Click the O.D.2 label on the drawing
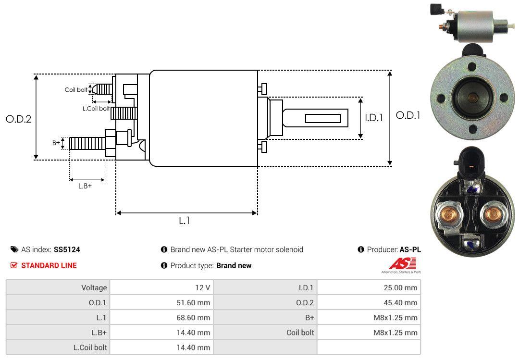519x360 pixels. (19, 119)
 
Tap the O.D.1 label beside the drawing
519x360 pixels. (408, 115)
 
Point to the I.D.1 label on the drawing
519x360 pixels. (374, 118)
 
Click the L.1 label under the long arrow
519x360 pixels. (185, 221)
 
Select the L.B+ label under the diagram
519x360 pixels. (85, 186)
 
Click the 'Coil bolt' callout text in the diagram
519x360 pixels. (76, 90)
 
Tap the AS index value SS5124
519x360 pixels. (67, 250)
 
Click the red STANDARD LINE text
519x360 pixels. (49, 266)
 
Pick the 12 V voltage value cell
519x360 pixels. (203, 287)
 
